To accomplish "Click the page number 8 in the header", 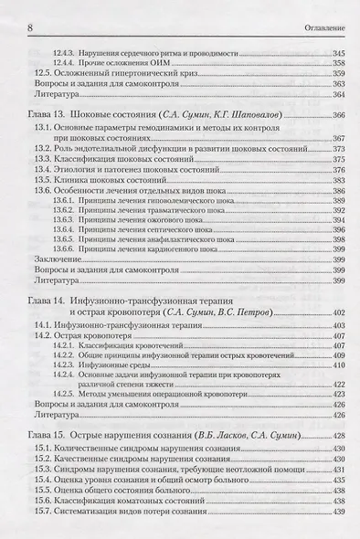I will (x=32, y=11).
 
